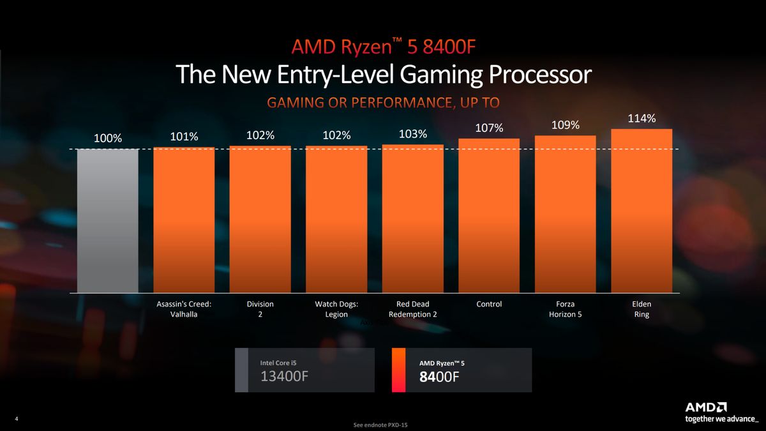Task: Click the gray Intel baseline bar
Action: pyautogui.click(x=107, y=221)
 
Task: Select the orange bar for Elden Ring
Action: pyautogui.click(x=642, y=211)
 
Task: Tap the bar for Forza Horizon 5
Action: pyautogui.click(x=565, y=215)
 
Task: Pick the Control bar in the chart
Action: pyautogui.click(x=489, y=216)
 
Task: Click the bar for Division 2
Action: pyautogui.click(x=260, y=220)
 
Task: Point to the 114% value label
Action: pyautogui.click(x=642, y=119)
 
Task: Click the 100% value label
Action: pyautogui.click(x=107, y=138)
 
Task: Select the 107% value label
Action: pyautogui.click(x=489, y=128)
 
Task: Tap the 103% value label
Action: pyautogui.click(x=413, y=134)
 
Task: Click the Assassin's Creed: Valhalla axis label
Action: pyautogui.click(x=184, y=310)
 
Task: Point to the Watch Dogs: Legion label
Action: pyautogui.click(x=336, y=310)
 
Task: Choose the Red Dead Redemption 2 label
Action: pyautogui.click(x=413, y=310)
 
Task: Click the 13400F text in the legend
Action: pyautogui.click(x=285, y=376)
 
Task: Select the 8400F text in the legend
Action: pyautogui.click(x=439, y=377)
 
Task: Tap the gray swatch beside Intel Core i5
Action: pyautogui.click(x=241, y=370)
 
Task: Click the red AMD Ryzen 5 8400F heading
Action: pyautogui.click(x=383, y=47)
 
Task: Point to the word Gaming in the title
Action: pyautogui.click(x=441, y=75)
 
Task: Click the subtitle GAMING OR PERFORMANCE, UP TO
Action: pyautogui.click(x=383, y=103)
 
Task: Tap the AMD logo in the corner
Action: pyautogui.click(x=705, y=407)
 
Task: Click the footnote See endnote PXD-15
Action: pyautogui.click(x=383, y=425)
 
